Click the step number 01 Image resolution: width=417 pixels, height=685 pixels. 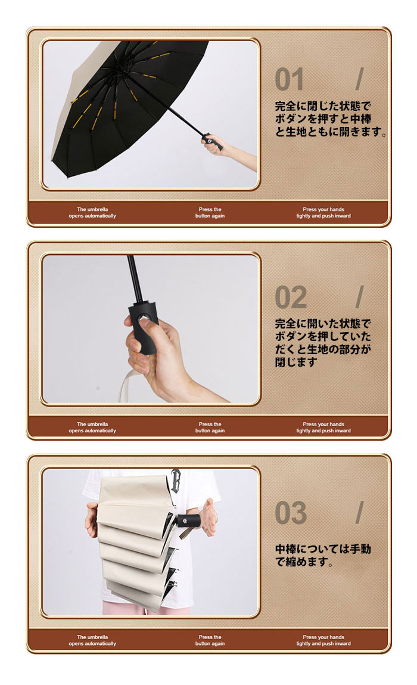(289, 79)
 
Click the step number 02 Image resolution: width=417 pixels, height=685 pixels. (291, 297)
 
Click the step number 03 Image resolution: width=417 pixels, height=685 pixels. (291, 513)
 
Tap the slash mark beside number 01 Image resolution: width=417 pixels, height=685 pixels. (359, 79)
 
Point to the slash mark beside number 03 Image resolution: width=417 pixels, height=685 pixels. (359, 512)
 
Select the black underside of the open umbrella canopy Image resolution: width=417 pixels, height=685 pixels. (131, 96)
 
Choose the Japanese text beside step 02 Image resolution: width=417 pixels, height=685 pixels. (323, 343)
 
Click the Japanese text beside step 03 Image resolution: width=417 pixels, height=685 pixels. (323, 555)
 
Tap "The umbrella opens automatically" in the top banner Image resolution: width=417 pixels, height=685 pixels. (92, 212)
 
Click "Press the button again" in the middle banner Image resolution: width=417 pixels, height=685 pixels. (210, 427)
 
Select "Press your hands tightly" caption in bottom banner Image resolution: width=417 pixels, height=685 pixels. (323, 640)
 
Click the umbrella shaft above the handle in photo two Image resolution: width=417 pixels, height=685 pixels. (135, 278)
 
